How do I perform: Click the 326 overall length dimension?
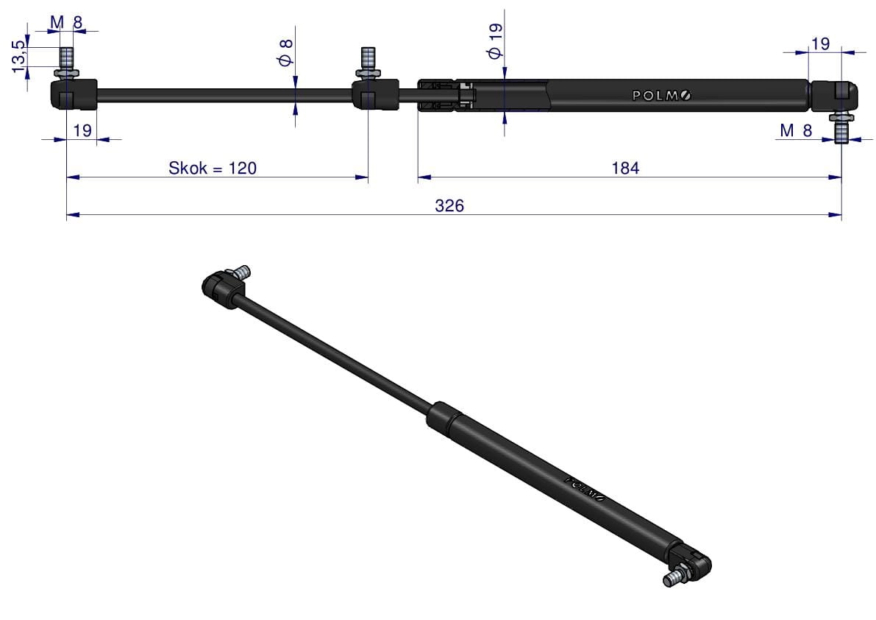449,205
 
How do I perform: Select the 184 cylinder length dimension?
625,168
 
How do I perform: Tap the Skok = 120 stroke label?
213,168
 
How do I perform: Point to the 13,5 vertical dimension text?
18,56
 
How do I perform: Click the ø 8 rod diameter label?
285,52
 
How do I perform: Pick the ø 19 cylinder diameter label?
495,40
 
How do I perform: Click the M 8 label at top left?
66,22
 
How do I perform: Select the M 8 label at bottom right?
796,130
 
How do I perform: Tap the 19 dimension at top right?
820,43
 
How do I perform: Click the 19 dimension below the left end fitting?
82,130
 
